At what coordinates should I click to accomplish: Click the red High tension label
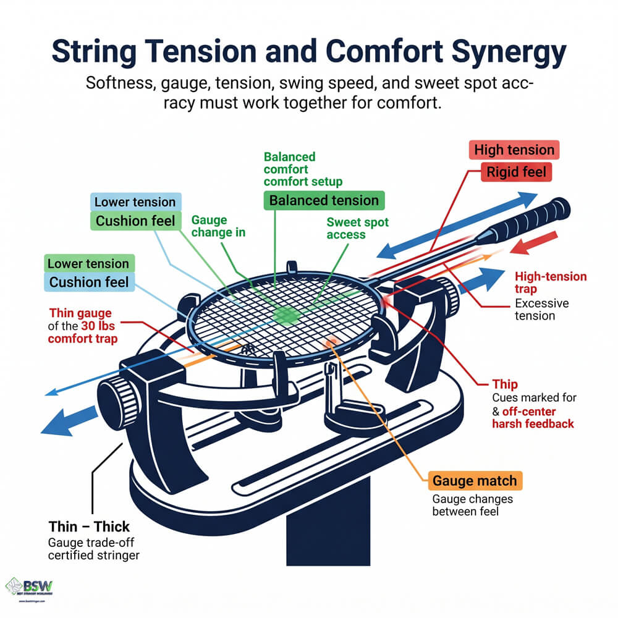(514, 150)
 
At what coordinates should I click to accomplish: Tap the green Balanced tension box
(324, 200)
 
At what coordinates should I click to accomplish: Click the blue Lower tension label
(135, 202)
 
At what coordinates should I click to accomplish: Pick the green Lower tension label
(88, 264)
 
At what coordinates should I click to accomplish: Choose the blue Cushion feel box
(88, 282)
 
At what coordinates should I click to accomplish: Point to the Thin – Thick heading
(89, 527)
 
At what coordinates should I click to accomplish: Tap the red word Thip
(505, 384)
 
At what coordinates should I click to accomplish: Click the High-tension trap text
(550, 282)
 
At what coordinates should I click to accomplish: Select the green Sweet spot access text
(354, 228)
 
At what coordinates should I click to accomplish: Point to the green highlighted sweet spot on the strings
(286, 315)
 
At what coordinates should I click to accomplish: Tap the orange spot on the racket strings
(331, 341)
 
